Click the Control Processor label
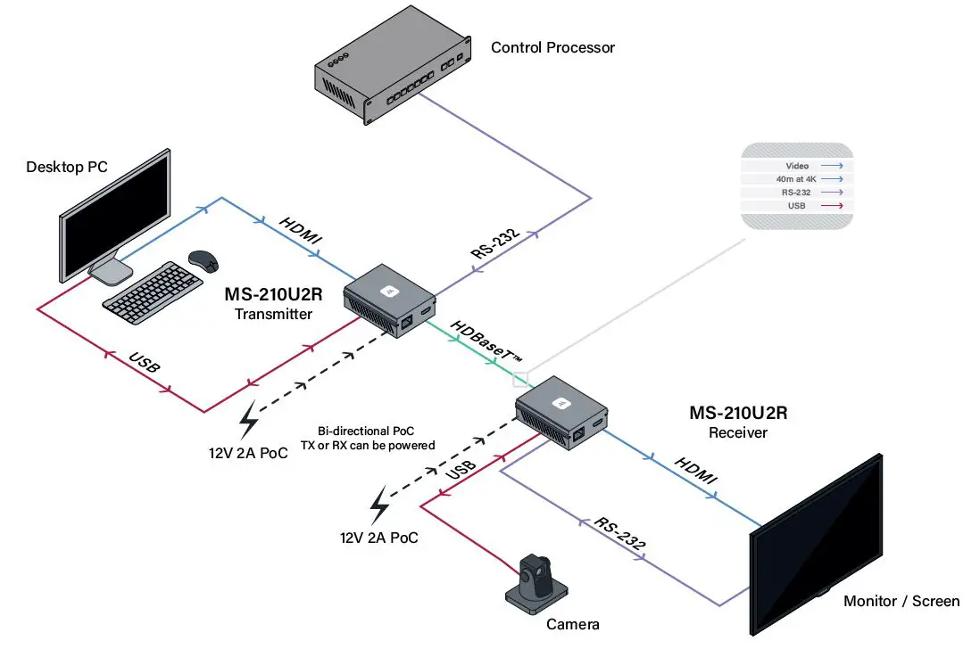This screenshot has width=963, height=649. (552, 47)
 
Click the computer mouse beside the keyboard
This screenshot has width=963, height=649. (203, 260)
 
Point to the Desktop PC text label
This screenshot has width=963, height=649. (67, 167)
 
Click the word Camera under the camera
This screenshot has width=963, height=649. (572, 625)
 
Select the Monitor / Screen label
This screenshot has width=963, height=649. (901, 601)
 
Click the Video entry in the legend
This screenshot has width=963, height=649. (796, 166)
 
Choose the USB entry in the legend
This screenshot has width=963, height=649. (796, 205)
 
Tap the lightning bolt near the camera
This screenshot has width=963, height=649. (380, 505)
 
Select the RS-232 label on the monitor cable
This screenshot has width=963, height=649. (618, 532)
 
